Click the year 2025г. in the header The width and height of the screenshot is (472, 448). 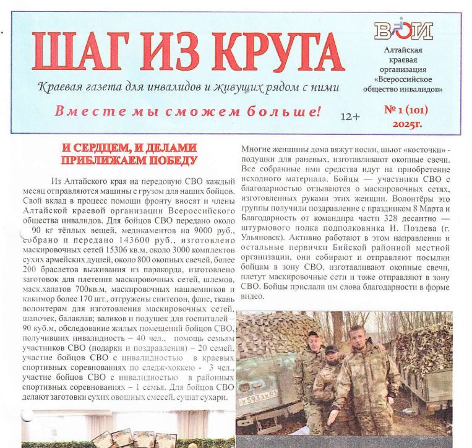click(x=406, y=124)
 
